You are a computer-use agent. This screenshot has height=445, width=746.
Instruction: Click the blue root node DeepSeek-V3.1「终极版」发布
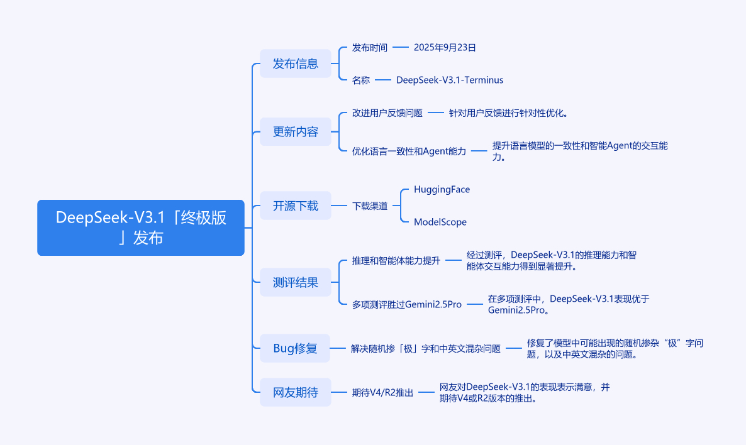coord(140,228)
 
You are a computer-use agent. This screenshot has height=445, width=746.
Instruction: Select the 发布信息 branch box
coord(295,63)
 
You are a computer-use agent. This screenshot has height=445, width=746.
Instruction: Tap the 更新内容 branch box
coord(295,132)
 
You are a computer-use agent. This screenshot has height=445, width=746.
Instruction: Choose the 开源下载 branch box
coord(295,206)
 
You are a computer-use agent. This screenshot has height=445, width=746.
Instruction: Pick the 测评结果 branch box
coord(295,282)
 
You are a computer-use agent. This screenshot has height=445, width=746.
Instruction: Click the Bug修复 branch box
coord(295,348)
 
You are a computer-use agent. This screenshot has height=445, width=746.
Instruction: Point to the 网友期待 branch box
coord(295,392)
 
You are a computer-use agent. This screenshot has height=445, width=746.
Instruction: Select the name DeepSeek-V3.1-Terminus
coord(449,80)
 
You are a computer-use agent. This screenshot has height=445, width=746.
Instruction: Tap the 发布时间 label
coord(369,47)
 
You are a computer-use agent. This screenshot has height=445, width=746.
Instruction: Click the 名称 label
coord(360,80)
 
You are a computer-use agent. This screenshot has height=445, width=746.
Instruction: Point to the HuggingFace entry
coord(442,189)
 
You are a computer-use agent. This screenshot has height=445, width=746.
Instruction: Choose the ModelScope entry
coord(440,222)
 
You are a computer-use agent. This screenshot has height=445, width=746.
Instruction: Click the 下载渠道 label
coord(369,206)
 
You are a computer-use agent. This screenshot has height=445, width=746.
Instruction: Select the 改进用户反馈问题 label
coord(387,113)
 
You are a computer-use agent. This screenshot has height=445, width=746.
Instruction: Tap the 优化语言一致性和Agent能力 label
coord(409,151)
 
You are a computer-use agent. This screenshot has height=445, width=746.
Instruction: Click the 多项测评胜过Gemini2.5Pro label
coord(406,304)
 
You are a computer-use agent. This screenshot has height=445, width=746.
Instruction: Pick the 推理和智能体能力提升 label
coord(396,260)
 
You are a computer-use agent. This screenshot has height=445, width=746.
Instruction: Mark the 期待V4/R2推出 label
coord(382,392)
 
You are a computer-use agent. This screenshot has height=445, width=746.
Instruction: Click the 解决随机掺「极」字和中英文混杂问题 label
coord(425,348)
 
